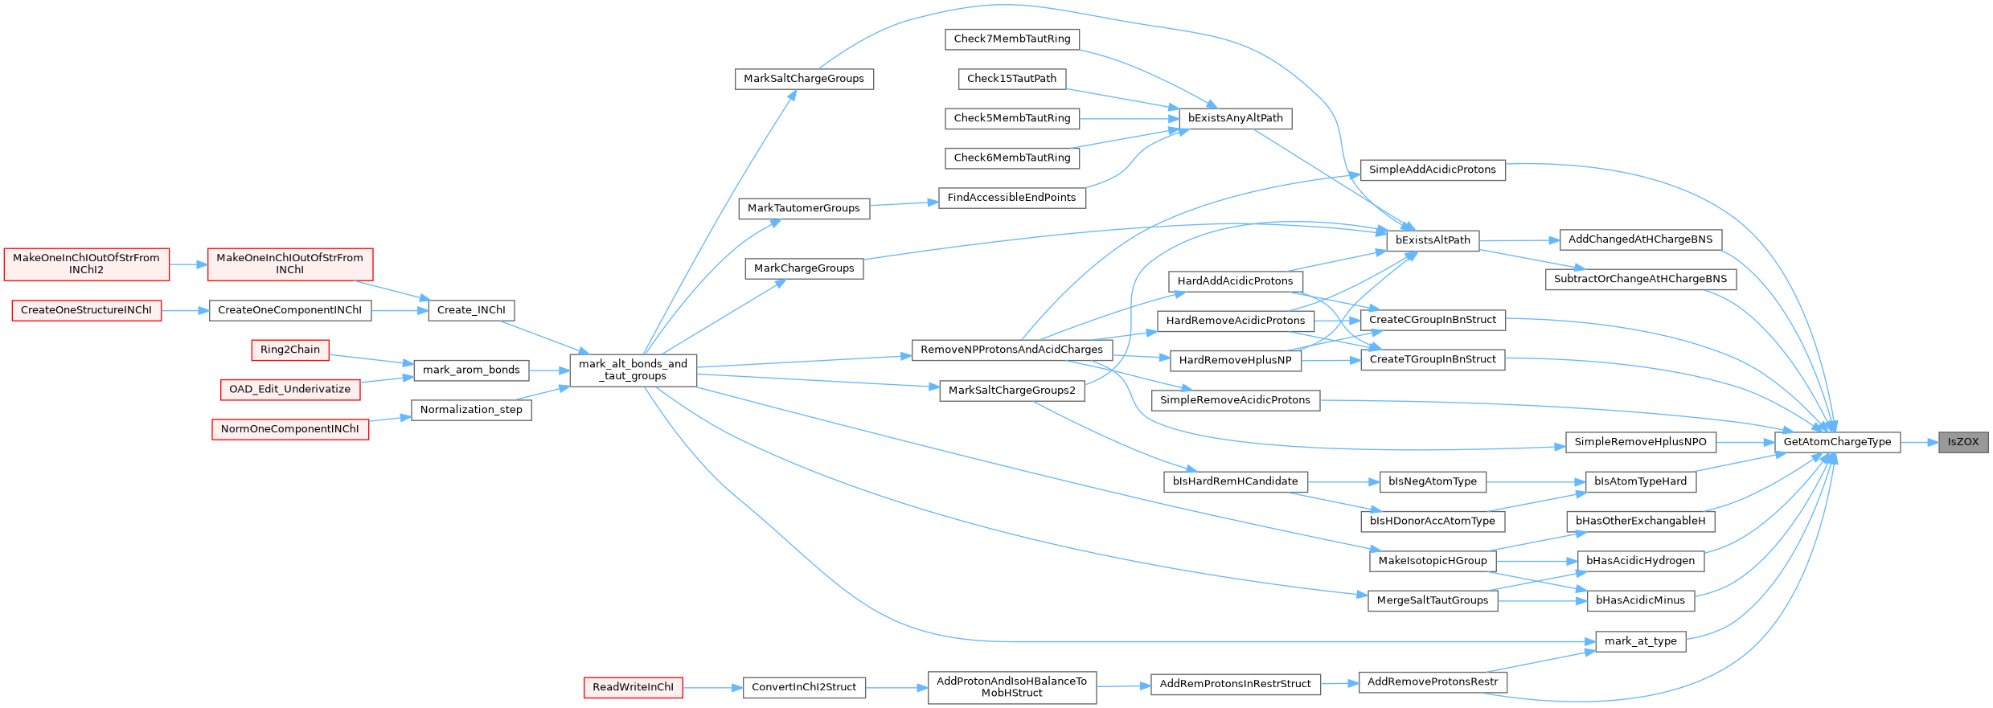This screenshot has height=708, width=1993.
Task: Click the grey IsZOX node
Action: pos(1963,442)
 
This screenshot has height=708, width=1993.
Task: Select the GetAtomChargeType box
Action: pos(1837,442)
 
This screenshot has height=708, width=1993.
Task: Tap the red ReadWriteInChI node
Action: pos(633,687)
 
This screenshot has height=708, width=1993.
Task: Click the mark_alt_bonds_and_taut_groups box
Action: pos(634,370)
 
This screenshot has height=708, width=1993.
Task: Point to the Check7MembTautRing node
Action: pos(1012,39)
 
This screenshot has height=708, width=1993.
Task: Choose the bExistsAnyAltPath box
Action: pos(1236,118)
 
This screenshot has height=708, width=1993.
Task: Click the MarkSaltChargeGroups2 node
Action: pos(1012,391)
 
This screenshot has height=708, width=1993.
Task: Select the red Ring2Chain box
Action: pos(290,350)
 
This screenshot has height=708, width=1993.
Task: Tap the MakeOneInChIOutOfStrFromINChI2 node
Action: pos(87,264)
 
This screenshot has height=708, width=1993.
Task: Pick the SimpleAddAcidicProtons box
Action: pos(1433,170)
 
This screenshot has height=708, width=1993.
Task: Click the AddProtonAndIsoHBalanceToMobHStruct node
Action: pos(1012,687)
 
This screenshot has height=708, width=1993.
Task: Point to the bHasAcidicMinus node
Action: pos(1641,600)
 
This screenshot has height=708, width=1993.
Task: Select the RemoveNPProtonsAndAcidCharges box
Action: pos(1012,350)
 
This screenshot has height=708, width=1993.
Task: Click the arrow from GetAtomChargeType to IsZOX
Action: pos(1919,442)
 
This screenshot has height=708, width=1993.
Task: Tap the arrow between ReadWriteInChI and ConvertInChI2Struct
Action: pos(712,687)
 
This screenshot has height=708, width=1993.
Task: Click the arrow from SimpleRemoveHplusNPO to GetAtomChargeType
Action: pos(1745,442)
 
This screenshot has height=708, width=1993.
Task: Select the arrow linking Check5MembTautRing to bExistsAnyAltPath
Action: pos(1129,118)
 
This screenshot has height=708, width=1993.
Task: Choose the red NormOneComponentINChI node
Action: pos(290,429)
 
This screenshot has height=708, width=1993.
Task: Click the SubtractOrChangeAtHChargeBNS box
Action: pos(1641,279)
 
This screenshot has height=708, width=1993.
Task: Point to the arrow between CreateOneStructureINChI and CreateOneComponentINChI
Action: pos(185,310)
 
